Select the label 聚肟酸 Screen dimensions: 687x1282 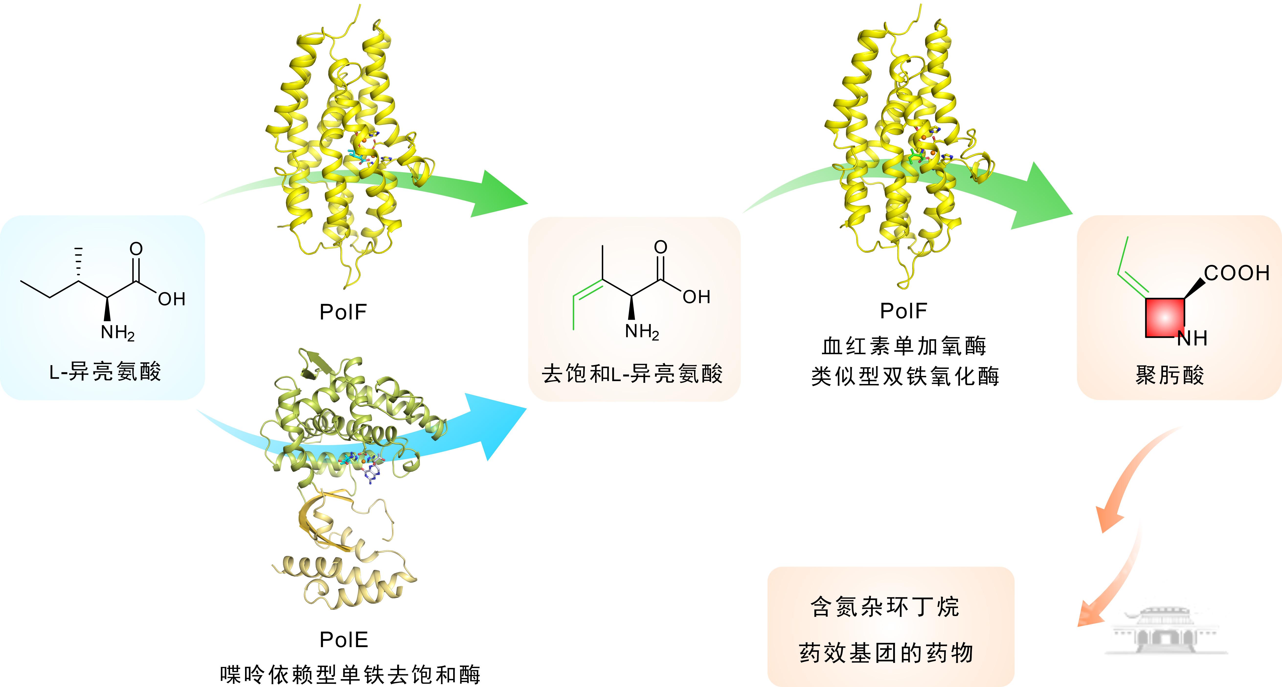pos(1170,375)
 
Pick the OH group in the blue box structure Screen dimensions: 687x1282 pos(172,299)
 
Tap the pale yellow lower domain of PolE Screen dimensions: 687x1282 pos(343,573)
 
